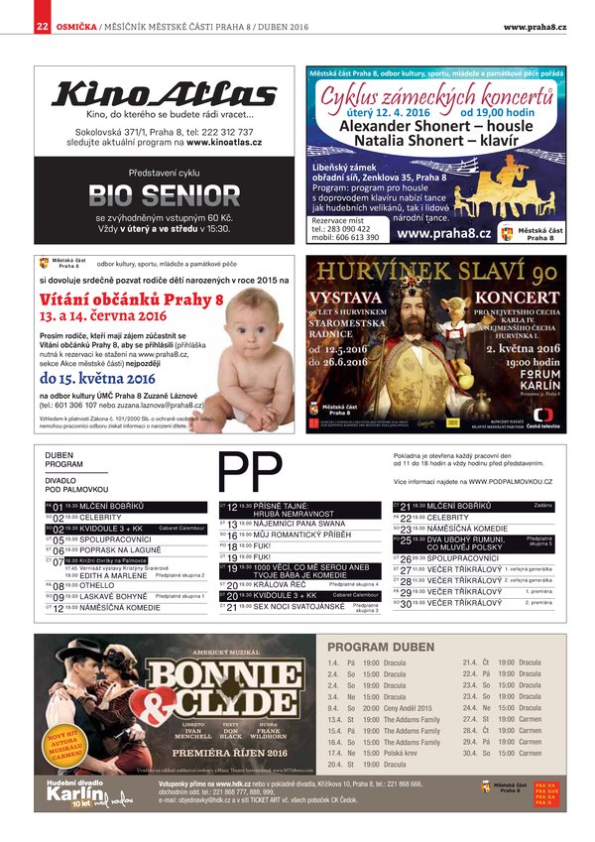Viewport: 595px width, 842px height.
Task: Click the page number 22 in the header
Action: click(x=42, y=26)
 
